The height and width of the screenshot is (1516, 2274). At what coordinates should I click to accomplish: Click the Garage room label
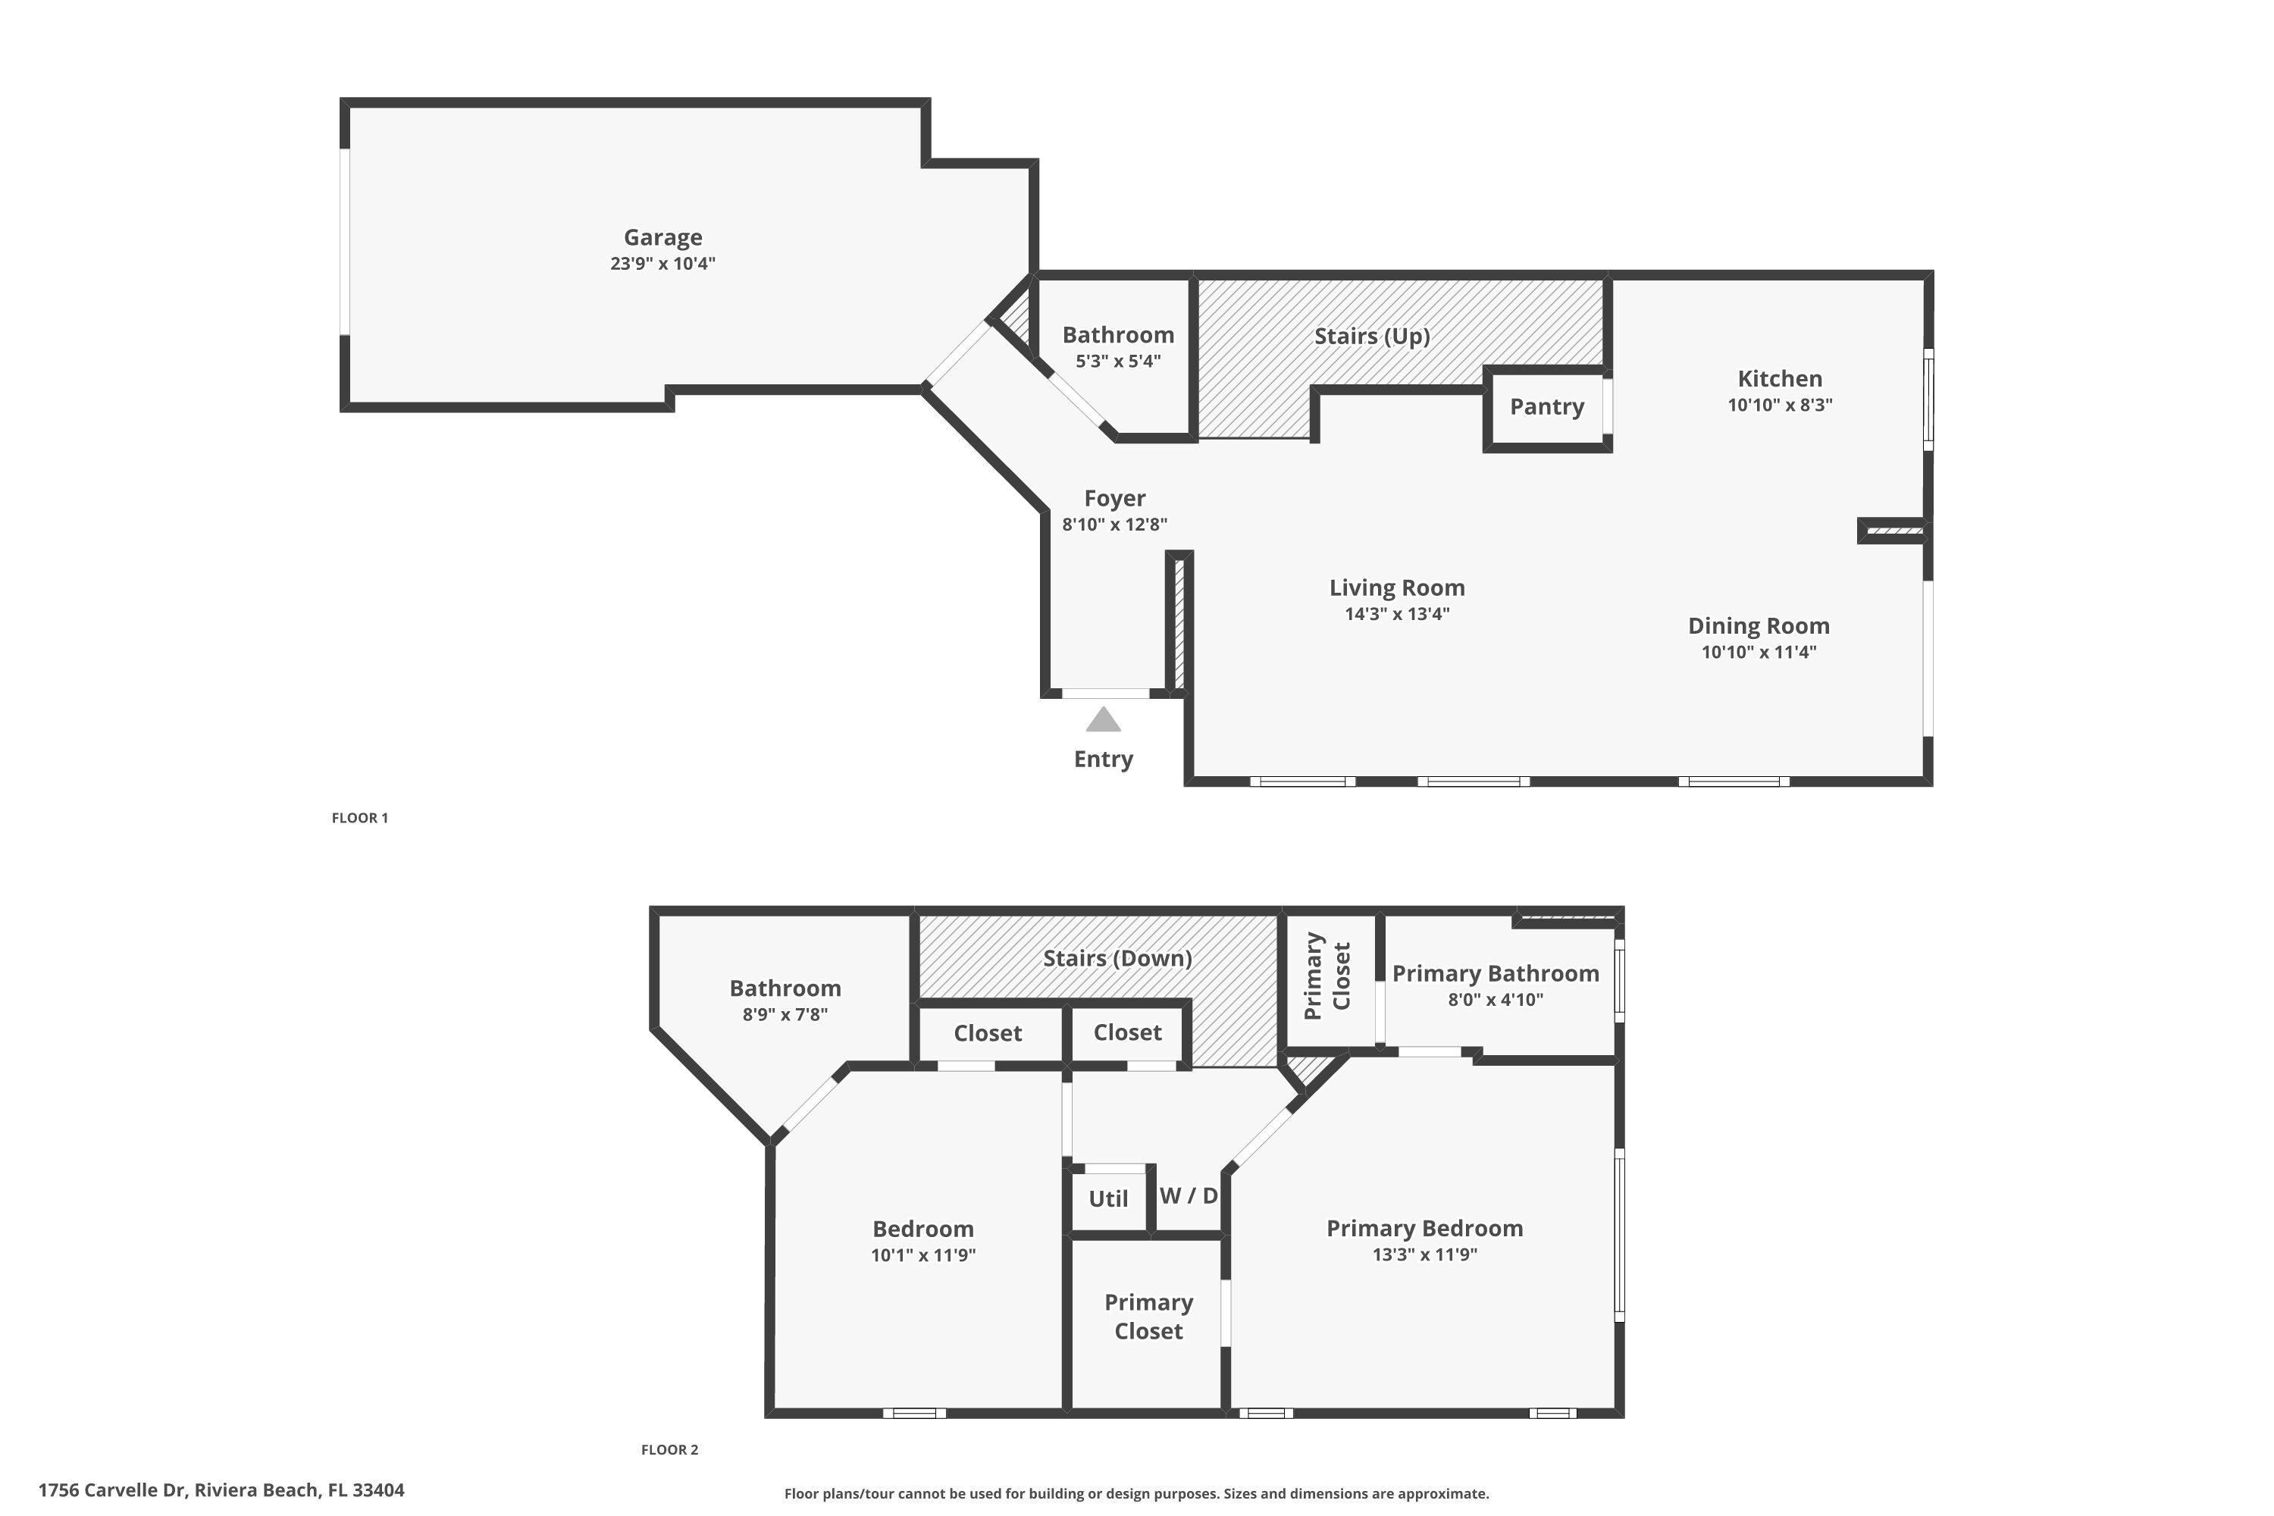(x=662, y=236)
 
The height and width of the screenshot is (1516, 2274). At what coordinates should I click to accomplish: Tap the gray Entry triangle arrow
(x=1103, y=720)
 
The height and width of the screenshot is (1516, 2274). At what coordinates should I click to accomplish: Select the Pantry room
(x=1546, y=407)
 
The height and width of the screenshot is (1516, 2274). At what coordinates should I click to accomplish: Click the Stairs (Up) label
(x=1371, y=337)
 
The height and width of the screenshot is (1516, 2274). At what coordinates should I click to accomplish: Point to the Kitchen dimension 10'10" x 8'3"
(x=1779, y=405)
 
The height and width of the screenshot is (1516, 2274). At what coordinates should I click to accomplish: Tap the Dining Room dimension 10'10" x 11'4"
(x=1758, y=653)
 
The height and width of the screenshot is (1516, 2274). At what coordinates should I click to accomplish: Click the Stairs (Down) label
(x=1117, y=958)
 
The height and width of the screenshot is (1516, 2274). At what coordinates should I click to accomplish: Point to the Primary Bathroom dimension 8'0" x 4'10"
(x=1495, y=1000)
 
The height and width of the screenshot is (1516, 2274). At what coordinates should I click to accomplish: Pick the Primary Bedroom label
(x=1424, y=1229)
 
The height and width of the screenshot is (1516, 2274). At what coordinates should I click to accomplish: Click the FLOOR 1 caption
(x=359, y=818)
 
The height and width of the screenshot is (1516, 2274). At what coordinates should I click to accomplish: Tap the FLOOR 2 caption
(x=669, y=1449)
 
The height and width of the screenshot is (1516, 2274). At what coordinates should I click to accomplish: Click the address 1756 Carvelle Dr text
(x=221, y=1490)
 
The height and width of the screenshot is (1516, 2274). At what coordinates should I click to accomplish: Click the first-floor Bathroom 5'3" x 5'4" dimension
(x=1117, y=362)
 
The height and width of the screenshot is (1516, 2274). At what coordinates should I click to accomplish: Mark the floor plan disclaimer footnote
(x=1136, y=1494)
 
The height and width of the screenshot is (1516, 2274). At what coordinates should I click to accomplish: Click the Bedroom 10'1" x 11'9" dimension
(x=922, y=1256)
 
